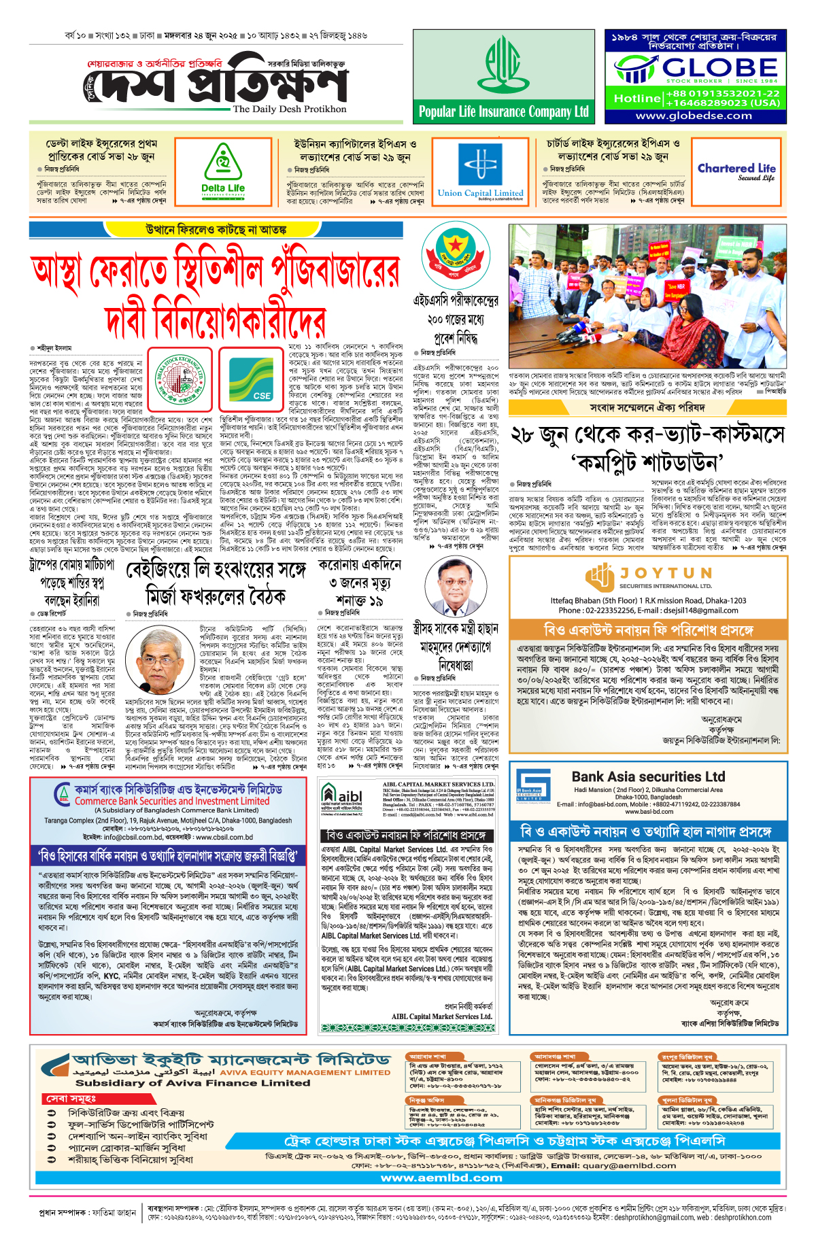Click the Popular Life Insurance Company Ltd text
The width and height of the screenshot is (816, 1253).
(x=503, y=111)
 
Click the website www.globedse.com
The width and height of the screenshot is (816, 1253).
(x=694, y=116)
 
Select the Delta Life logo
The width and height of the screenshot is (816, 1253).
(x=223, y=173)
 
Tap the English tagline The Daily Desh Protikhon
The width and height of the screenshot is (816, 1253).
(x=289, y=109)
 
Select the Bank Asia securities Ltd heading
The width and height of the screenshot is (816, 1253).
(x=647, y=776)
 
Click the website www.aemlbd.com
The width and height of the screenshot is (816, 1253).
(x=441, y=1178)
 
